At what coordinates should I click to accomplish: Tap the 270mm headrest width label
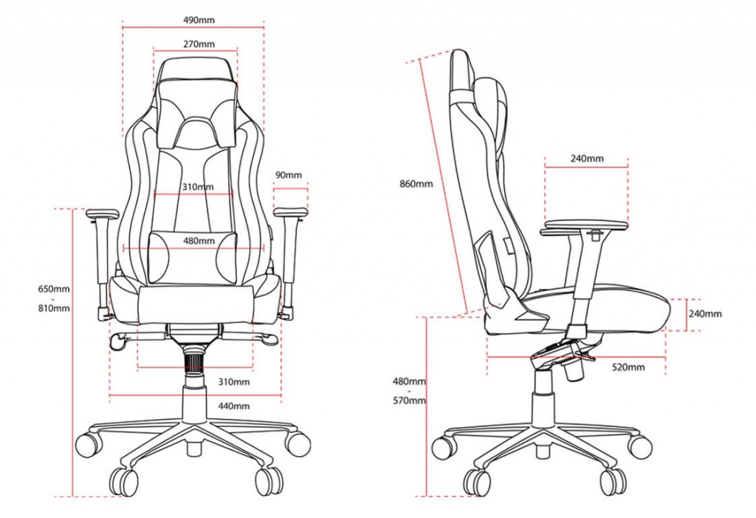point(199,44)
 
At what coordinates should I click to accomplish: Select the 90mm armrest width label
point(289,175)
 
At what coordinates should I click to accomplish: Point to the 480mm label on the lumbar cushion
point(199,241)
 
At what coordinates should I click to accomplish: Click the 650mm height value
point(55,288)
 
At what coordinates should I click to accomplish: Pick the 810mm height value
point(55,307)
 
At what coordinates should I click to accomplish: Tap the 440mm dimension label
point(234,406)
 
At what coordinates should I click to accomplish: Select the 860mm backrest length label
point(416,183)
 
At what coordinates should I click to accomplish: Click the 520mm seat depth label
point(628,367)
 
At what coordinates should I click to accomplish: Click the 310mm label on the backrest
point(197,187)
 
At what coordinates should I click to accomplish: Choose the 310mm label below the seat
point(234,382)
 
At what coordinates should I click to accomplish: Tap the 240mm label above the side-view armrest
point(587,158)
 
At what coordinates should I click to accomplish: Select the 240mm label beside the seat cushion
point(704,313)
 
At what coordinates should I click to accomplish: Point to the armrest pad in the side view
point(585,223)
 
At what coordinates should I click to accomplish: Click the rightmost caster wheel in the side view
point(640,446)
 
